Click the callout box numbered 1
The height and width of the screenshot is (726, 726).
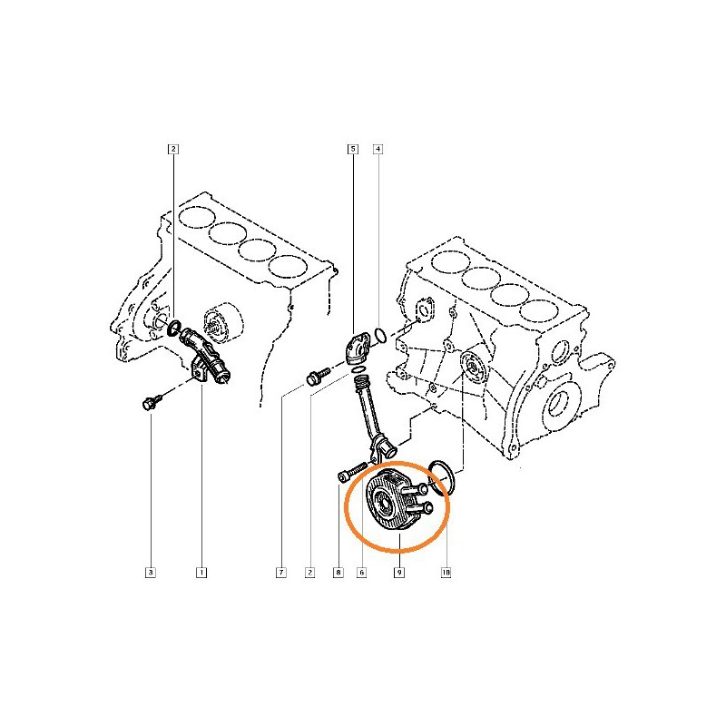point(201,573)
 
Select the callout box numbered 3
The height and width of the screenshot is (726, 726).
point(151,573)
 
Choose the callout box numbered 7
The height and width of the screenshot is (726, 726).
point(281,573)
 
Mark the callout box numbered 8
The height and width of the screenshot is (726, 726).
point(338,573)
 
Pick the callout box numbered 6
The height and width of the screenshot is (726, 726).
point(361,573)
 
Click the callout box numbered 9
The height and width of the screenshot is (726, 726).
point(399,573)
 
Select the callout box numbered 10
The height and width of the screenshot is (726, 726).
point(446,573)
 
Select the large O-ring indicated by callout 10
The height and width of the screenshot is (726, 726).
point(440,476)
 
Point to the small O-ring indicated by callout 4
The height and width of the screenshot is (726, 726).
point(382,338)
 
